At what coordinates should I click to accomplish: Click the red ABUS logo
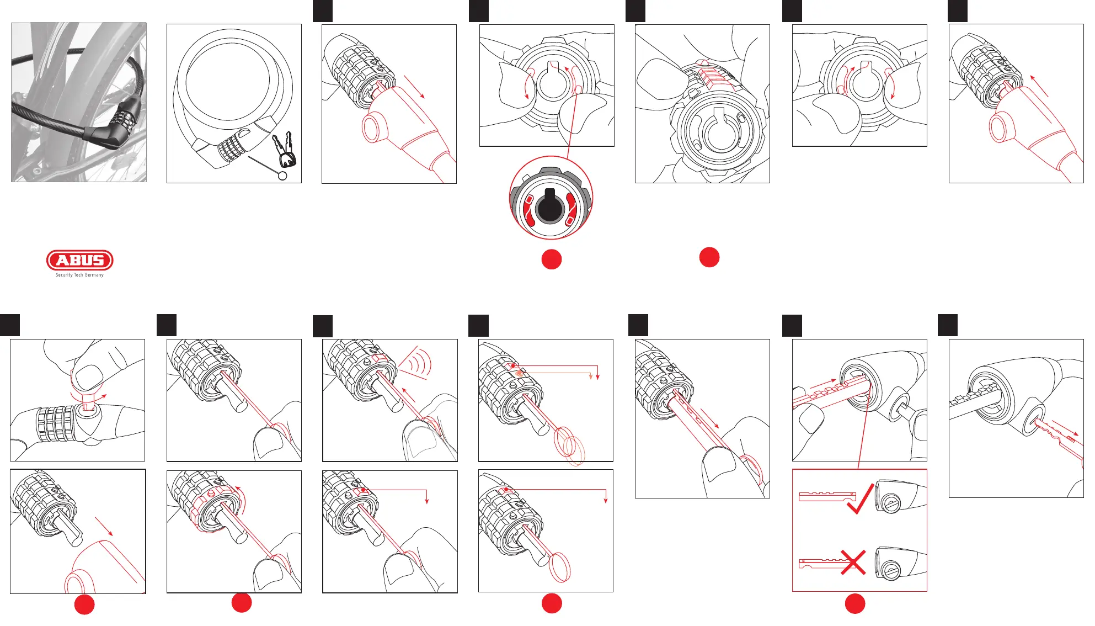(80, 260)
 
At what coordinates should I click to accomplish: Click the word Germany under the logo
(94, 275)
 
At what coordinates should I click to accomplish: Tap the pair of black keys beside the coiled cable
(285, 149)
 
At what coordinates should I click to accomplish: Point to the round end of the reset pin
(283, 176)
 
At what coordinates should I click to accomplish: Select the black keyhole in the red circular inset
(549, 205)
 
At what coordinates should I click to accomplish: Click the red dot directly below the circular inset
(552, 259)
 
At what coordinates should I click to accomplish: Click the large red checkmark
(861, 498)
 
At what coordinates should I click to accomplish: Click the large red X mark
(853, 562)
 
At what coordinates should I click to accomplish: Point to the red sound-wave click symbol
(418, 362)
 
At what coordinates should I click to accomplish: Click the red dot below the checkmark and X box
(855, 603)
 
